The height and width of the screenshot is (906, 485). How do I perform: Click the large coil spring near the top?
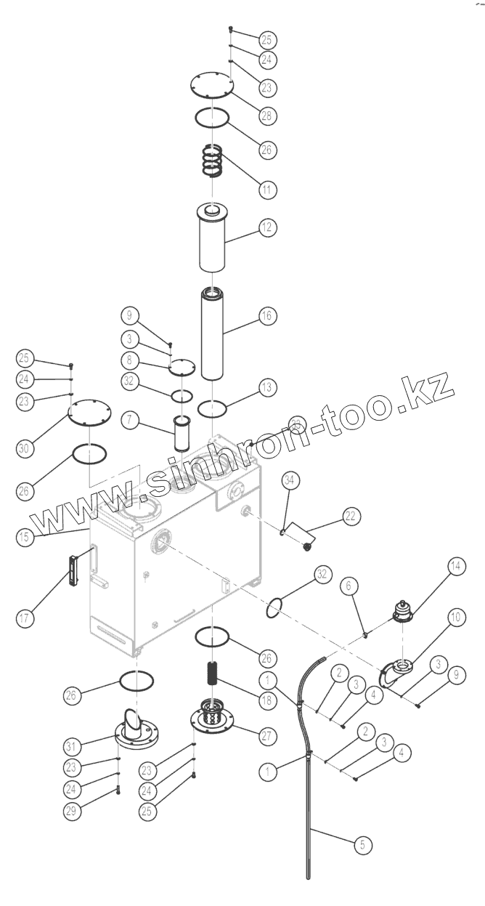tap(212, 161)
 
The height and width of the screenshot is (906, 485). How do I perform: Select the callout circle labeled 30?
tap(25, 450)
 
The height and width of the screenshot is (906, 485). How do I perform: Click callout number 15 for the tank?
tap(25, 538)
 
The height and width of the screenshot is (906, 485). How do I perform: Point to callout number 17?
tap(25, 618)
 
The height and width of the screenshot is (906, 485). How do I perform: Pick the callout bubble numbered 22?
tap(351, 517)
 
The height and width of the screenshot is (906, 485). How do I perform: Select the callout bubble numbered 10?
tap(455, 618)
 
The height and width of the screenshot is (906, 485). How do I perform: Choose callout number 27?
tap(266, 735)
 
